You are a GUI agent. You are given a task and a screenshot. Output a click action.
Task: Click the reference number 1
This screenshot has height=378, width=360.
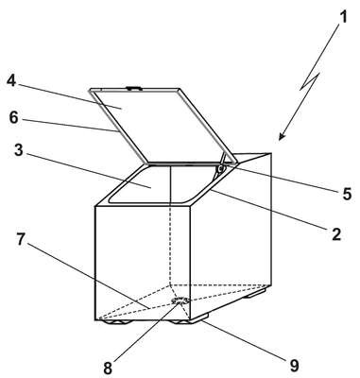pos(344,17)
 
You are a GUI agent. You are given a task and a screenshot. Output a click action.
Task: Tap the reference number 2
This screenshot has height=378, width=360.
pos(336,234)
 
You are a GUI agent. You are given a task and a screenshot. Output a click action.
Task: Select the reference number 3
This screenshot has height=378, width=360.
pos(19,150)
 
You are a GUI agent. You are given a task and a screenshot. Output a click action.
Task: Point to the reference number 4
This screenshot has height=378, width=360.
pos(11,81)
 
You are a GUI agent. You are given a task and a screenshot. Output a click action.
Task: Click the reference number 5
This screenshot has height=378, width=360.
pos(347,193)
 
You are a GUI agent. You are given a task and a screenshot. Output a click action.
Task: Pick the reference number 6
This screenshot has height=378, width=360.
pos(14,118)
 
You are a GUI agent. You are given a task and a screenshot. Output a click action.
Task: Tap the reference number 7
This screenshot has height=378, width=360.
pos(21,239)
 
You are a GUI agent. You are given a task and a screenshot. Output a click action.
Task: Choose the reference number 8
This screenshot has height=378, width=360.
pos(108,368)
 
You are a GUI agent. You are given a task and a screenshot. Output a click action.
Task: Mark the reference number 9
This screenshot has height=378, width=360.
pos(294,366)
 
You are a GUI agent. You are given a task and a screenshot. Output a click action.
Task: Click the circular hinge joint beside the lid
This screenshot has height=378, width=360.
pos(220,169)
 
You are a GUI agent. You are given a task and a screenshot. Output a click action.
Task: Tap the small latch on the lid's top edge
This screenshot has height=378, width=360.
pos(133,89)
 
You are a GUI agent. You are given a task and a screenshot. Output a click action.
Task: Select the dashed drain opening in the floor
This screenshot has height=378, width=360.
pos(180,301)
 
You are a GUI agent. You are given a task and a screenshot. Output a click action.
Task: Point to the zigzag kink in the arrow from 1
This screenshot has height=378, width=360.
pos(310,81)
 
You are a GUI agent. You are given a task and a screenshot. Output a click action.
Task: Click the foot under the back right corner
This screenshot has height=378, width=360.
pos(256,294)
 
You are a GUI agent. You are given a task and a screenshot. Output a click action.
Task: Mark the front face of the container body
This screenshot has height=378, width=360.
pos(143,263)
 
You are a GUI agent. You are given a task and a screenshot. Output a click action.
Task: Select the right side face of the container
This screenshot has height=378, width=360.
pos(231,239)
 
